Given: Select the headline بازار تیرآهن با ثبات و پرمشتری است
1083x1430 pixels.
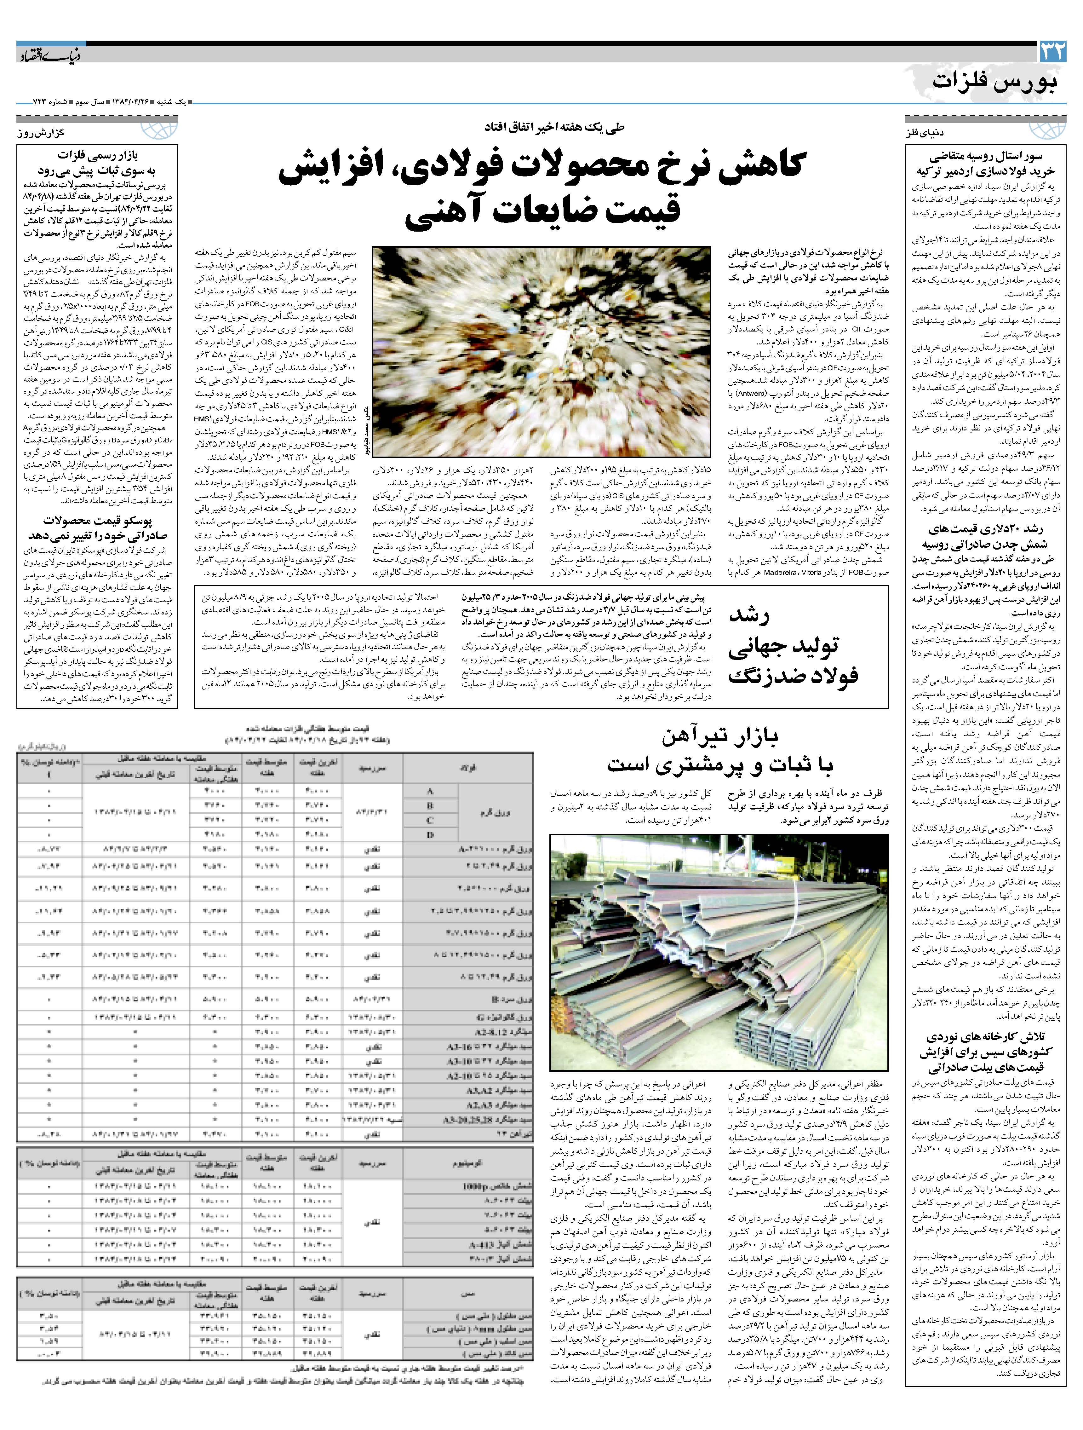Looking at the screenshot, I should point(719,751).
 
